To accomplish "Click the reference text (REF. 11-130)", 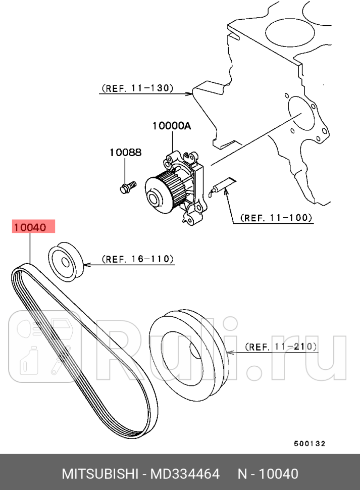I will pyautogui.click(x=137, y=88).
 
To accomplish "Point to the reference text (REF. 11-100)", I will pyautogui.click(x=276, y=218).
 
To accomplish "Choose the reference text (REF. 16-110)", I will pyautogui.click(x=138, y=259).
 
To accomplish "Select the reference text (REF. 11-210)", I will pyautogui.click(x=281, y=347).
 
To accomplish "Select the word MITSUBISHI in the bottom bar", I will pyautogui.click(x=99, y=474).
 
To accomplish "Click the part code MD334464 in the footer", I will pyautogui.click(x=187, y=474).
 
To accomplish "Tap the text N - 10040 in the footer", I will pyautogui.click(x=268, y=474).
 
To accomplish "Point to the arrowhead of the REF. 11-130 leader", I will pyautogui.click(x=190, y=93).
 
